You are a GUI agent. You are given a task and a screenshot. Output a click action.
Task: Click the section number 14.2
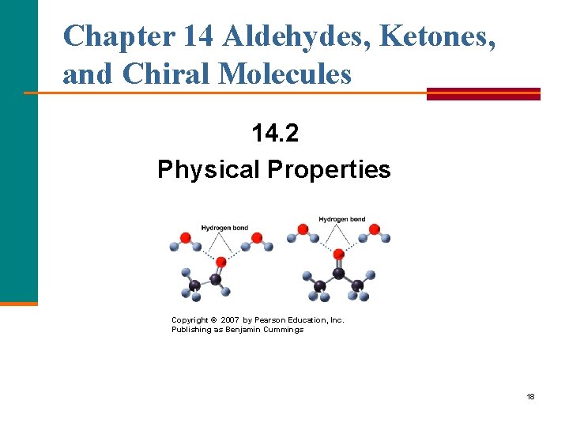275,134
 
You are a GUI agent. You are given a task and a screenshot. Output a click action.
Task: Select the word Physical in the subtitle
209,169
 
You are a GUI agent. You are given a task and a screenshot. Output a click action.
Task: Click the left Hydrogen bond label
224,228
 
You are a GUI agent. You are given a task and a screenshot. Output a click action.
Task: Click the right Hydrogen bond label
342,218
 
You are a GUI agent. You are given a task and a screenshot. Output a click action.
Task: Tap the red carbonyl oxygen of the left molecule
221,261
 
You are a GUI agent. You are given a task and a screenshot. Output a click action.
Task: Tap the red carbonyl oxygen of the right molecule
339,254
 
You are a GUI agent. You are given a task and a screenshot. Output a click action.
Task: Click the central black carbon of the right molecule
339,273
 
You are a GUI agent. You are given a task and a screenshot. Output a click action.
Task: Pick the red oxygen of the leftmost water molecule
186,236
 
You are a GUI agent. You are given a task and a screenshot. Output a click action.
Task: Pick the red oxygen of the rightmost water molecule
375,229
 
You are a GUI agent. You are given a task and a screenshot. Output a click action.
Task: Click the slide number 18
530,396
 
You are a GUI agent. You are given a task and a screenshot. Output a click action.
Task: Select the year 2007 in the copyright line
230,320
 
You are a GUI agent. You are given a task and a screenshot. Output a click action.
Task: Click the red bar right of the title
483,93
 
